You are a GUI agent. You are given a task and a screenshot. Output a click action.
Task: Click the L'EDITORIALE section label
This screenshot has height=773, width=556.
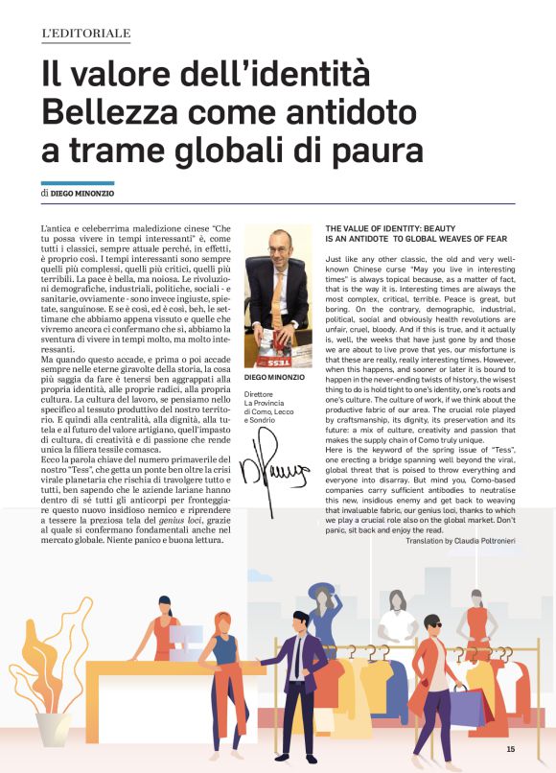point(85,35)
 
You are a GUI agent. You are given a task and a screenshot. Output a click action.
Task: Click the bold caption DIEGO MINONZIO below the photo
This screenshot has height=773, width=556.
point(277,378)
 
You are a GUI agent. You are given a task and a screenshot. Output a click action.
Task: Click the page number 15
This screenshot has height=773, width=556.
point(511,749)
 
